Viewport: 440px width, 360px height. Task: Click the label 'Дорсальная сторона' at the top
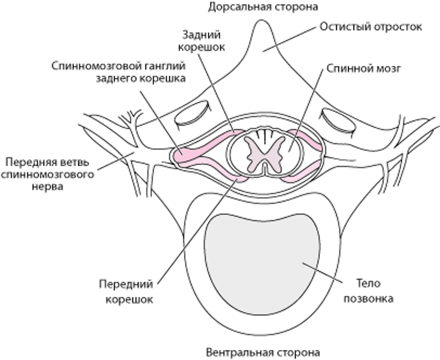tap(264, 7)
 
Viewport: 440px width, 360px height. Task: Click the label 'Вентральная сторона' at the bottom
tap(263, 352)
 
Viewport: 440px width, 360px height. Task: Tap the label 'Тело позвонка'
tap(371, 291)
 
